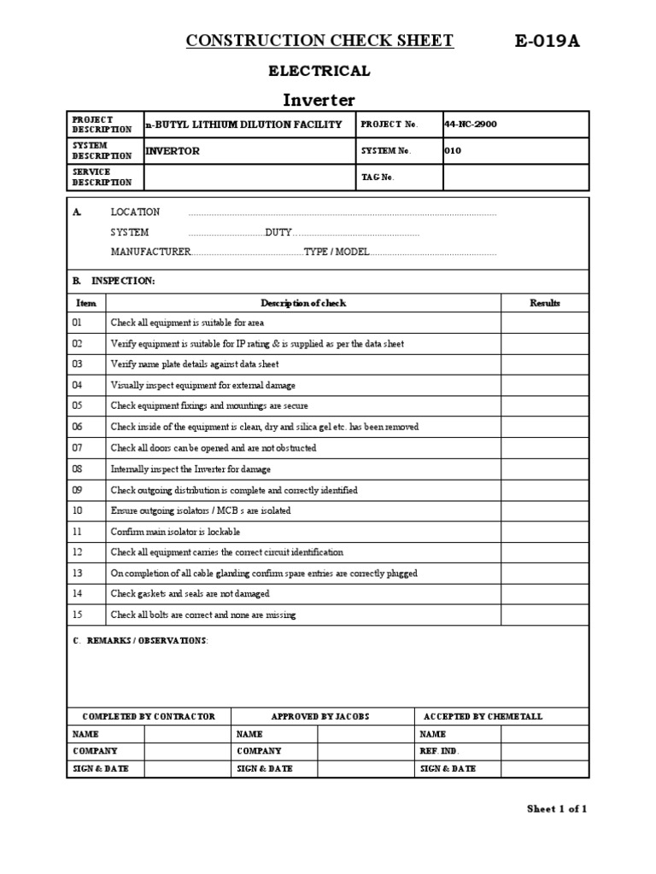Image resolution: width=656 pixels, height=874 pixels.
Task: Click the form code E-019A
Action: [x=547, y=41]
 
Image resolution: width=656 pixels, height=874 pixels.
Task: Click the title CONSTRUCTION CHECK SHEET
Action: [x=319, y=41]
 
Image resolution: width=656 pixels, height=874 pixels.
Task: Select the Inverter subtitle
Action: [x=319, y=99]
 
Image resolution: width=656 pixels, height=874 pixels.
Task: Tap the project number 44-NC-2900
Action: [x=471, y=125]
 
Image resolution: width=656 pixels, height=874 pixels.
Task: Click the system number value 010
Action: [x=453, y=151]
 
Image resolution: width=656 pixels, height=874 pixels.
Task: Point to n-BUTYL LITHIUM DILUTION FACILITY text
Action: [x=243, y=125]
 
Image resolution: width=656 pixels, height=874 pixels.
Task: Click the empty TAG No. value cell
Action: [x=515, y=178]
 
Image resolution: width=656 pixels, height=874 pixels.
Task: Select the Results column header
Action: [x=544, y=303]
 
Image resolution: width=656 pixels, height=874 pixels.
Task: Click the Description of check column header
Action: [x=303, y=303]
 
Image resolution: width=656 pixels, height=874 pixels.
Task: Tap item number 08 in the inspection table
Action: [x=78, y=469]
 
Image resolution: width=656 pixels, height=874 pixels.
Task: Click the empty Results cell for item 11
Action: [x=544, y=532]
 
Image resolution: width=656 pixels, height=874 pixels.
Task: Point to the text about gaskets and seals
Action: [x=190, y=594]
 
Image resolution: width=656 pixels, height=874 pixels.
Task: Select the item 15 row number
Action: [x=78, y=615]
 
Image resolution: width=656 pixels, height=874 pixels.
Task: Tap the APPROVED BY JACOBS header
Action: [x=320, y=717]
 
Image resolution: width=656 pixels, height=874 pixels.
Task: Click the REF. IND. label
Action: [x=440, y=751]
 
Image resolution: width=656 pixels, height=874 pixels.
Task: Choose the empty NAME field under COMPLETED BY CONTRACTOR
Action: [x=187, y=734]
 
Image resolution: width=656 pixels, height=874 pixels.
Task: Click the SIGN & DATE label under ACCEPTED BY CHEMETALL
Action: [x=448, y=769]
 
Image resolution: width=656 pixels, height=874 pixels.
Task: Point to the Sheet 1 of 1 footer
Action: [x=556, y=809]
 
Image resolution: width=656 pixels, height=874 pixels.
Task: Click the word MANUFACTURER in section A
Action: [x=150, y=253]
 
